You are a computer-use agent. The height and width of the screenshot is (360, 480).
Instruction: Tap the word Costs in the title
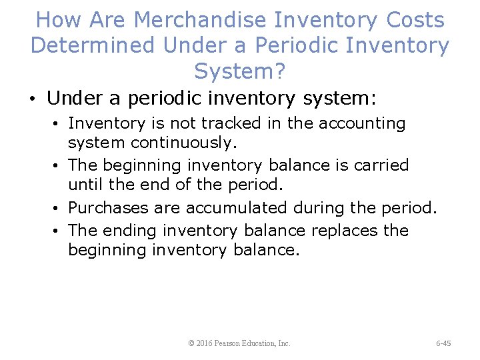click(415, 20)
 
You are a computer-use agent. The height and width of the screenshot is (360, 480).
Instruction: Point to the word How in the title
click(57, 20)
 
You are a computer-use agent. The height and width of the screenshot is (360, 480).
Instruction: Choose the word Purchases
click(109, 207)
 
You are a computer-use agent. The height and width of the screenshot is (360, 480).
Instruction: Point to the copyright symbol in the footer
click(192, 343)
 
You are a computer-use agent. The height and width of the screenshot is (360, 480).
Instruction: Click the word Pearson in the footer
click(230, 343)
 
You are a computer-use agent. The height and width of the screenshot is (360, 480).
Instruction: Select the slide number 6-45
click(443, 343)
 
